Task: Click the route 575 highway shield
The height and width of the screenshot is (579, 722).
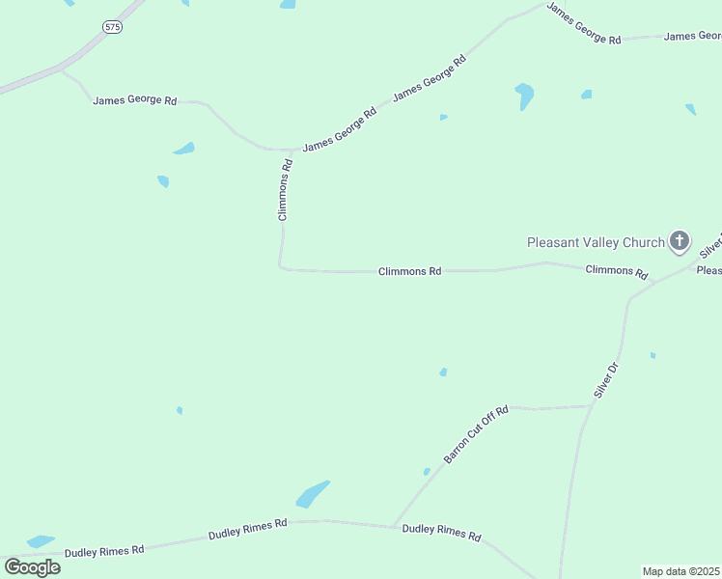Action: point(113,27)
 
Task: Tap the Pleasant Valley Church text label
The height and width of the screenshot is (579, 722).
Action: point(596,242)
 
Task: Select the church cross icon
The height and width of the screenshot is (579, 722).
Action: point(680,241)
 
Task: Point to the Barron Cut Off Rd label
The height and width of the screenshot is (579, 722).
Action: point(475,433)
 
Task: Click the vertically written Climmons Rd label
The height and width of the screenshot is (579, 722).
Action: point(285,190)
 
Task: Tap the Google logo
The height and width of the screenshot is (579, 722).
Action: point(32,566)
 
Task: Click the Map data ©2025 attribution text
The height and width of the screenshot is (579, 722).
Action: point(681,571)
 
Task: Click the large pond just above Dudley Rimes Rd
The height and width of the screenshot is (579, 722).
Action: point(312,494)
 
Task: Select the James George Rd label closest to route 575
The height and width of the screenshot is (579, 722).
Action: point(135,100)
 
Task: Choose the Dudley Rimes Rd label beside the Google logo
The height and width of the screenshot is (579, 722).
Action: point(104,550)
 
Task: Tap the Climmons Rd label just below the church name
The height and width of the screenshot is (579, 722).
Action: point(616,272)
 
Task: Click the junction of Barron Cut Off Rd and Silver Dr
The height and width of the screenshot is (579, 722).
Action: point(590,406)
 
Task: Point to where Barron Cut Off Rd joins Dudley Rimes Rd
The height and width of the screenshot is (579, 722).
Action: point(394,526)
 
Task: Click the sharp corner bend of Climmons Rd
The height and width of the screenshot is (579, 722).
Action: point(281,267)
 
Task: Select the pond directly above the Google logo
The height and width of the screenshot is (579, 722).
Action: point(41,541)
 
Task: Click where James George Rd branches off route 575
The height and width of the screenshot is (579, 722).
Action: point(61,69)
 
